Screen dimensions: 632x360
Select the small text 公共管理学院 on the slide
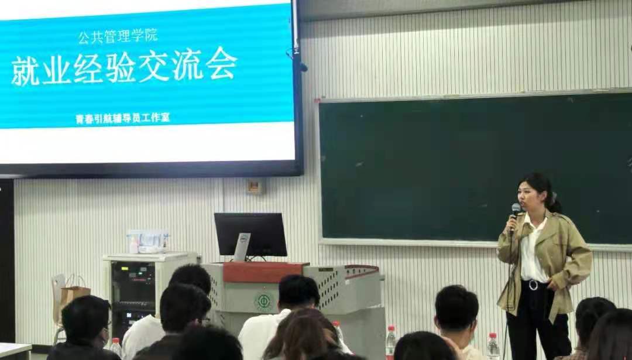(x=118, y=36)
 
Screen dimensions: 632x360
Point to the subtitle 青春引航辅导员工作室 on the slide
(x=122, y=118)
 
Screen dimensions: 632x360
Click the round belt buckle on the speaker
(x=533, y=285)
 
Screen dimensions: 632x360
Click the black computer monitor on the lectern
(x=250, y=235)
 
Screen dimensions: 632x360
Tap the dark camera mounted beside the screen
(x=303, y=67)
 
